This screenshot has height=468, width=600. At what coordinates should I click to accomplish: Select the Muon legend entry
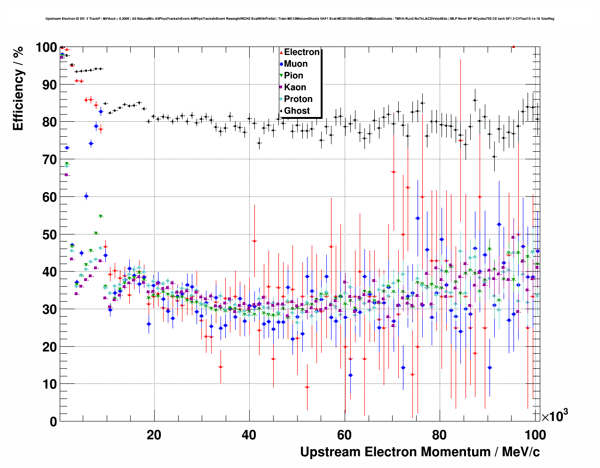coord(296,64)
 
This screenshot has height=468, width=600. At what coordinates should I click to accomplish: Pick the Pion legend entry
coord(293,76)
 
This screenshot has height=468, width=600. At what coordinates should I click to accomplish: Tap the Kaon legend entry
coord(295,87)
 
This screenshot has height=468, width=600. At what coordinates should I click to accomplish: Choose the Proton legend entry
coord(298,99)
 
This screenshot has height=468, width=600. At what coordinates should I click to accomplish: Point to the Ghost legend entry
coord(297,111)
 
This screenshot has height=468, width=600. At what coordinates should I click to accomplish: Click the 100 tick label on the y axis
coord(46,47)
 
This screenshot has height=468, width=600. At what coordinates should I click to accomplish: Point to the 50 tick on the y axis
coord(49,234)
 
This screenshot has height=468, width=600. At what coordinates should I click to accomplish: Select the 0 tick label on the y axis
coord(53,421)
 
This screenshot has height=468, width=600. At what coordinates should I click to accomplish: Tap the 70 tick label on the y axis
coord(49,160)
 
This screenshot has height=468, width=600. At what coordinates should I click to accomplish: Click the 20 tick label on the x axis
coord(154,435)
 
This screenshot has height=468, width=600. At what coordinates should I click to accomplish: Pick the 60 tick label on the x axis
coord(344,435)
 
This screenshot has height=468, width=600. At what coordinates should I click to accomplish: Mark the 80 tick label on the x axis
coord(440,435)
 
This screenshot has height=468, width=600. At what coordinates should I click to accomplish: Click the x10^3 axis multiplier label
coord(554,416)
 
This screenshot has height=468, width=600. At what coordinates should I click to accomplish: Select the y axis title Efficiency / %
coord(18,89)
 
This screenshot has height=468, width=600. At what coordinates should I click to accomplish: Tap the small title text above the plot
coord(300,19)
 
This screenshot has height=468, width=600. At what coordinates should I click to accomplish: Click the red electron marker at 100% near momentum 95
coord(513,47)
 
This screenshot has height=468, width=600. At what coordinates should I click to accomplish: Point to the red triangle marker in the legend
coord(281,52)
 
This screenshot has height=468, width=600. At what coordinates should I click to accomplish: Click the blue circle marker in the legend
coord(281,64)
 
